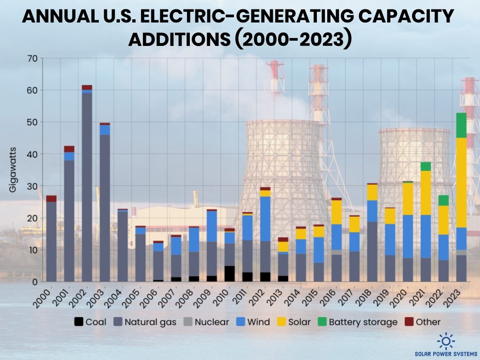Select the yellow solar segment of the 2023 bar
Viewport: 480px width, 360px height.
[461, 182]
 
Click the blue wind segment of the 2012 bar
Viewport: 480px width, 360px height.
[265, 218]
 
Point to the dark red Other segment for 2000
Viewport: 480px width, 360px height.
[51, 199]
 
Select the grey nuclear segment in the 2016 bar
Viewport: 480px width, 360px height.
[336, 252]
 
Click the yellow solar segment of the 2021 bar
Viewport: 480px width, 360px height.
[425, 193]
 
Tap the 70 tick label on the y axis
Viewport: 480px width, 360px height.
[32, 59]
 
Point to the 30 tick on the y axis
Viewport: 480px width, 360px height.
[32, 186]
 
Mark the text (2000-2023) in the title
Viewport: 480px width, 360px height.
[293, 39]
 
